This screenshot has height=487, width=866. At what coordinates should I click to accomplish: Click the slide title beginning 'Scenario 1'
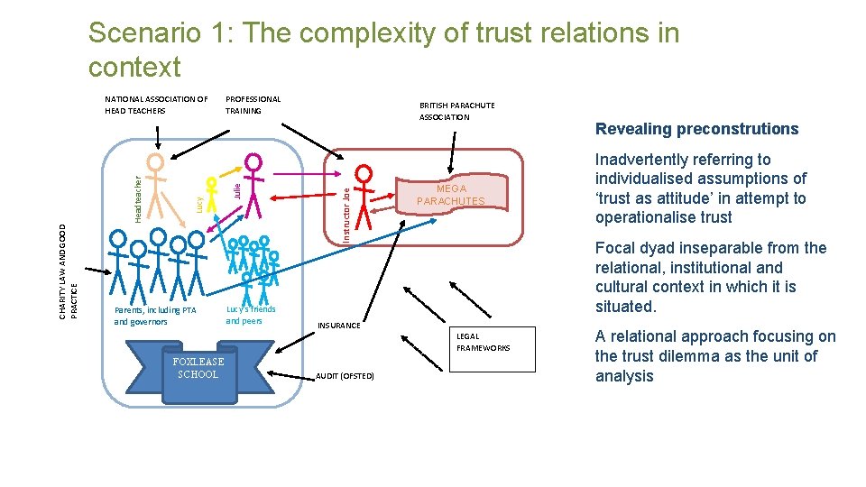click(x=383, y=50)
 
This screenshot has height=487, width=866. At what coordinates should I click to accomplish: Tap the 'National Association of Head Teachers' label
click(x=156, y=105)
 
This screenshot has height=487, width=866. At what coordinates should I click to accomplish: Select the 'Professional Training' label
click(x=253, y=105)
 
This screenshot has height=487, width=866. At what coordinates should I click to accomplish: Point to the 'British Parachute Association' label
click(x=456, y=111)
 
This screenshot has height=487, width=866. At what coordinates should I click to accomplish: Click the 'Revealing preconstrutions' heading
click(x=696, y=129)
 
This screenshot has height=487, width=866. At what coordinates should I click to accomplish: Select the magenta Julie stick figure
click(x=253, y=185)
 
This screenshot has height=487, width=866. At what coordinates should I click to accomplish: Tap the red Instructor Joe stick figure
click(x=363, y=198)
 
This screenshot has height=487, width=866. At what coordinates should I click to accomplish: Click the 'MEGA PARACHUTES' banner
click(x=460, y=195)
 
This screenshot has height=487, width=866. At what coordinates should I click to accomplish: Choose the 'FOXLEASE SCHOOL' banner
click(x=198, y=368)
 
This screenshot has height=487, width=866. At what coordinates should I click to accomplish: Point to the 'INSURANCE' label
click(x=339, y=326)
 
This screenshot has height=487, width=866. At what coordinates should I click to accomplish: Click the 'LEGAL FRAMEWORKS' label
click(x=483, y=342)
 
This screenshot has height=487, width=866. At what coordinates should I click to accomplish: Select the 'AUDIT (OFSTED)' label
click(x=345, y=375)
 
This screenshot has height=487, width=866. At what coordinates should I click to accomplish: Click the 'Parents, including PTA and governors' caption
click(x=154, y=316)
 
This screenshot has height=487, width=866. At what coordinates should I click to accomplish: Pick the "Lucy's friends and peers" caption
click(x=250, y=315)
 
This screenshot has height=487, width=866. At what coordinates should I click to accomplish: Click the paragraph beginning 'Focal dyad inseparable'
click(x=711, y=277)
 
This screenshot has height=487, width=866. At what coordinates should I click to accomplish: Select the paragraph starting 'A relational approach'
click(x=715, y=356)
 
